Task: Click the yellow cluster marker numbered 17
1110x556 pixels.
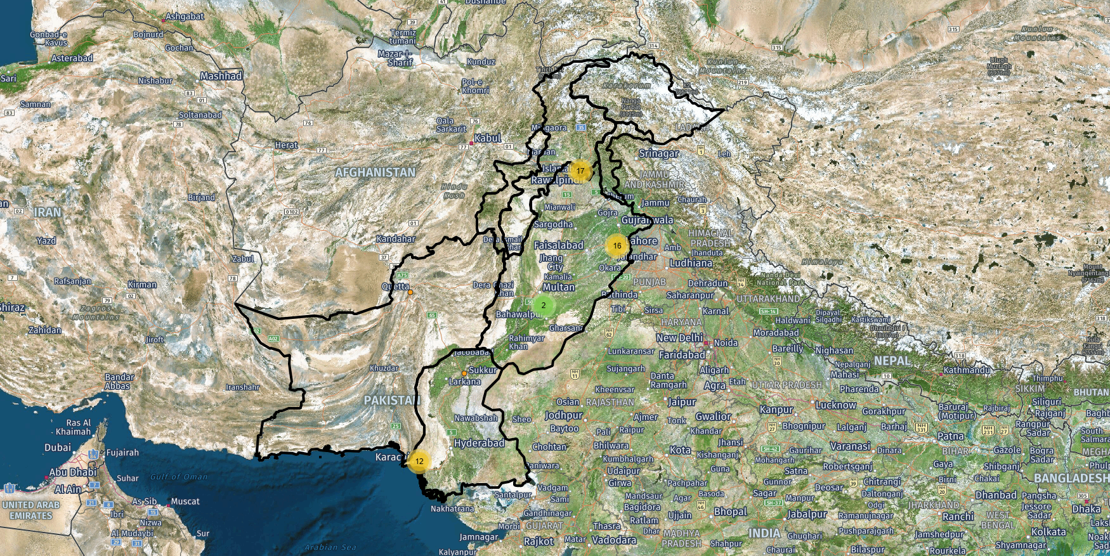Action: (580, 171)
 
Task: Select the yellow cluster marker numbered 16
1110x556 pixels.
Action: (617, 245)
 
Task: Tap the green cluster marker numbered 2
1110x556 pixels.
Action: (543, 305)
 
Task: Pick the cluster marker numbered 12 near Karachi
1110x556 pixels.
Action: (419, 461)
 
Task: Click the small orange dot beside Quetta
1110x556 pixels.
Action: (410, 292)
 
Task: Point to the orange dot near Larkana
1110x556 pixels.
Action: (464, 373)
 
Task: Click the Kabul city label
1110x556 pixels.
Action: (487, 138)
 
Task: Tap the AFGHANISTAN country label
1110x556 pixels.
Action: (375, 172)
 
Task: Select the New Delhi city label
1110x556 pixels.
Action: (679, 339)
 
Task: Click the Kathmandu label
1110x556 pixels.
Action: (966, 370)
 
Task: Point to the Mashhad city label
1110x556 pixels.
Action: (221, 76)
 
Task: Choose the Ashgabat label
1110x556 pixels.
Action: (185, 16)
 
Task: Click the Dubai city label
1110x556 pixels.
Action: (58, 448)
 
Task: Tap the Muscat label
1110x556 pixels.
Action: (185, 501)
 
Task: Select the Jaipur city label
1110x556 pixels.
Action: (682, 402)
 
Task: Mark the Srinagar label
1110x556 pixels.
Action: (658, 153)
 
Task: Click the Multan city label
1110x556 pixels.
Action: (558, 287)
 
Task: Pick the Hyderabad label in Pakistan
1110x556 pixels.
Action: (479, 443)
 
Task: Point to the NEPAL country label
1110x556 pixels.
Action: (892, 361)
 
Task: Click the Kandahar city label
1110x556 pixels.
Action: (396, 239)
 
